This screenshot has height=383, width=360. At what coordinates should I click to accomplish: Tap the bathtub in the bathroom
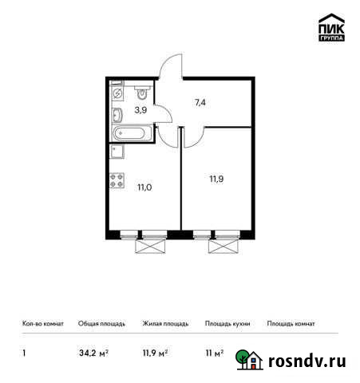(131, 132)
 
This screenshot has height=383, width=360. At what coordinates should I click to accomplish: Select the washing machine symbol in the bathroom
(117, 93)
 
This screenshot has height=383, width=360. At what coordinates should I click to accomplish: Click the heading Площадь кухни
(227, 324)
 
